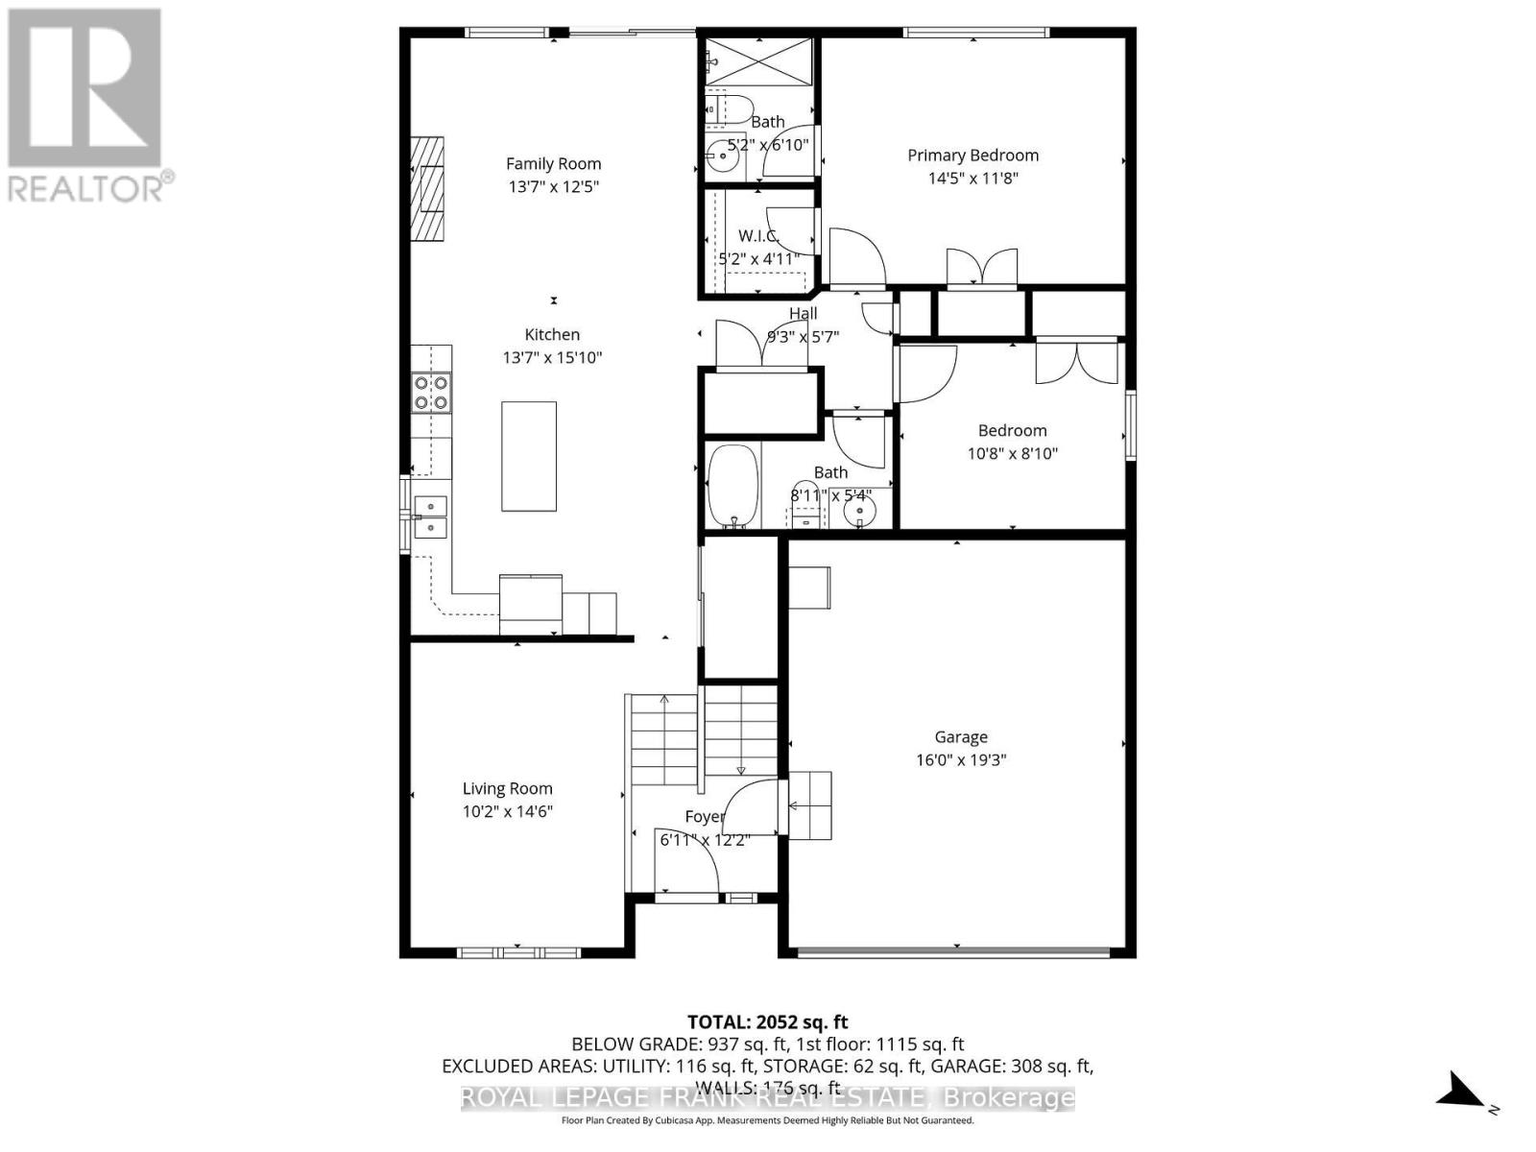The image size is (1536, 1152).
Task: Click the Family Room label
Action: (x=553, y=164)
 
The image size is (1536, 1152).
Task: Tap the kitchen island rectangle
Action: (x=528, y=456)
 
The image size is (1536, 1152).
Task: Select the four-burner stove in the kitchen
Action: (x=431, y=393)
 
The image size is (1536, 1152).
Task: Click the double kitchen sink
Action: (x=430, y=516)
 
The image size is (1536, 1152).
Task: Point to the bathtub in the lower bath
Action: (x=733, y=486)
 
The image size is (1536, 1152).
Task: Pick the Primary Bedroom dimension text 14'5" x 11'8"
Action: (x=972, y=179)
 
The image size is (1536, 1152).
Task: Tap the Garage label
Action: (x=960, y=737)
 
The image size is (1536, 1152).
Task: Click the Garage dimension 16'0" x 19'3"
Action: (x=960, y=760)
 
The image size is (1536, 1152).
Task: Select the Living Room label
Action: (x=507, y=789)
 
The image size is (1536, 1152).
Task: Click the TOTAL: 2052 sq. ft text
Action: (x=767, y=1022)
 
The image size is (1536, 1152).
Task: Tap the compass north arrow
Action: (x=1463, y=1092)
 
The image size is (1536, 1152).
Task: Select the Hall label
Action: (x=803, y=314)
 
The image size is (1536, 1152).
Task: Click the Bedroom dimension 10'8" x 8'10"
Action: (x=1012, y=454)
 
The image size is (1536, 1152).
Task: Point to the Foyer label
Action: (x=704, y=817)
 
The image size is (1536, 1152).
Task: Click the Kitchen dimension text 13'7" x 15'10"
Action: (x=552, y=358)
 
